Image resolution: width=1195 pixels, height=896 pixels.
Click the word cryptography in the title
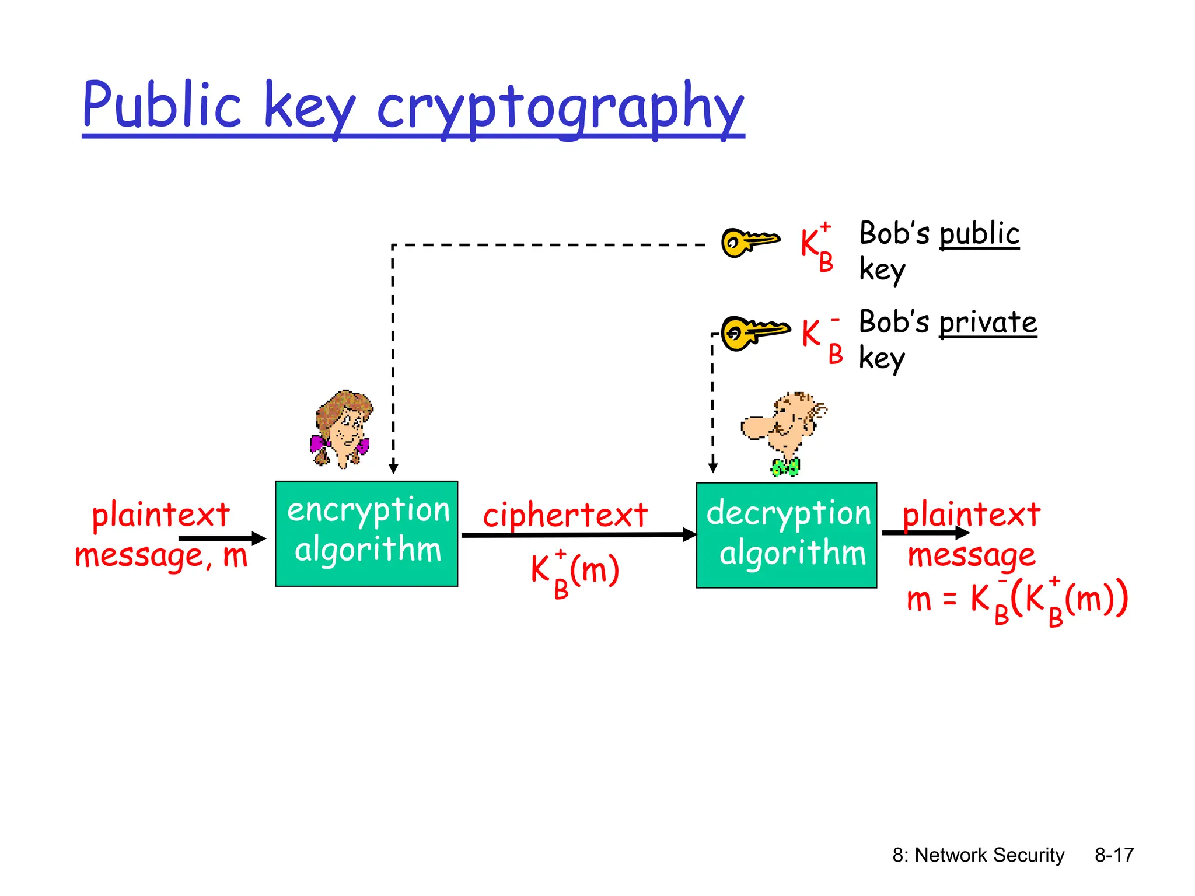tap(560, 108)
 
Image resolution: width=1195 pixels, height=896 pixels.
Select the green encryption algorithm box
tap(366, 533)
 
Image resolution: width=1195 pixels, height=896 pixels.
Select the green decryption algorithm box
tap(786, 535)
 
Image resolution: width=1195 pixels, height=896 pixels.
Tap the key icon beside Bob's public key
tap(749, 242)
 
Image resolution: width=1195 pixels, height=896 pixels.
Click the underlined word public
tap(979, 234)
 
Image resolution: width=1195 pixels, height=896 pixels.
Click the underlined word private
tap(988, 323)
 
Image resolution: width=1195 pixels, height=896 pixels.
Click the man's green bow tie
tap(785, 467)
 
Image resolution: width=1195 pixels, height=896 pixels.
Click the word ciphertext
tap(565, 515)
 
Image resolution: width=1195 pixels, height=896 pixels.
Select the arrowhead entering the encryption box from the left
tap(258, 538)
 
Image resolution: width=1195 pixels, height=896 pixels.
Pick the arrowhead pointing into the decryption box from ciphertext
tap(690, 534)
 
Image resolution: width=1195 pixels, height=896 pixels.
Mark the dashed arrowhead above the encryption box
tap(393, 468)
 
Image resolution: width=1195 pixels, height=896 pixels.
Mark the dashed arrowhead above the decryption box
tap(712, 467)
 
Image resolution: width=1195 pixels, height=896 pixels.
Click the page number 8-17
tap(1114, 855)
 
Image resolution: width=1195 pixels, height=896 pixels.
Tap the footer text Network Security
tap(989, 855)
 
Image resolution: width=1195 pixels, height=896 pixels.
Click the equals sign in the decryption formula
tap(950, 598)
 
